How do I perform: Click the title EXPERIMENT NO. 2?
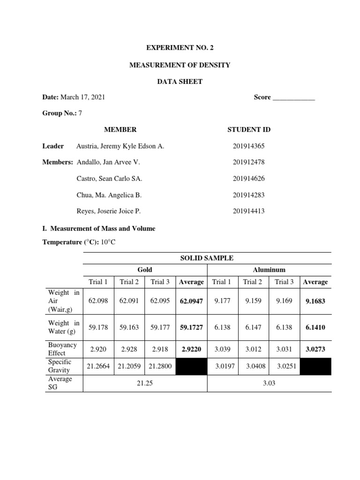(180, 48)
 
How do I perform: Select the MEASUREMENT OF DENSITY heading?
(180, 65)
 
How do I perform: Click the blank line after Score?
(293, 97)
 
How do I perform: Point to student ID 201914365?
(248, 146)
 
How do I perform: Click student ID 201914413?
(248, 211)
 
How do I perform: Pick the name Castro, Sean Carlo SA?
(109, 179)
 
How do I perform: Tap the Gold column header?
(145, 270)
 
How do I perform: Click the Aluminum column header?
(269, 270)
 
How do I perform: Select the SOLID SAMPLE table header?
(207, 258)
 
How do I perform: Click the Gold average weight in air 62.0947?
(191, 301)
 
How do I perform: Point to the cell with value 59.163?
(129, 328)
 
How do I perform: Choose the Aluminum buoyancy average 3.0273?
(315, 349)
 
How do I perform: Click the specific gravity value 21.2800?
(160, 366)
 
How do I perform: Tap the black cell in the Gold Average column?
(191, 366)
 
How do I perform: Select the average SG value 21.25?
(145, 383)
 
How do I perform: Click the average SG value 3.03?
(269, 383)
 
